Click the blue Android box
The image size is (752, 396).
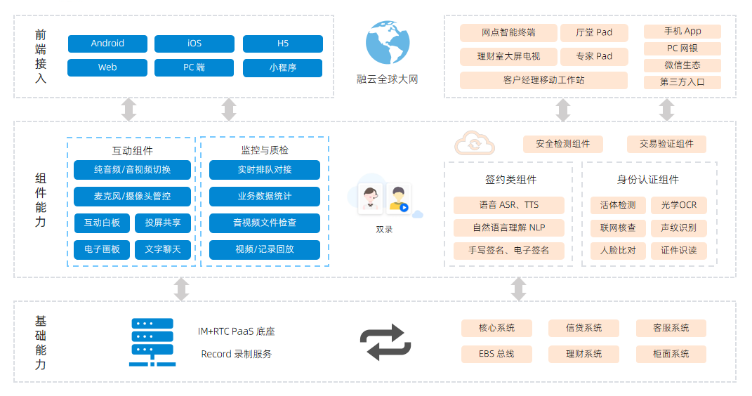tap(107, 44)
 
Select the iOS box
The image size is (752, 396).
tap(194, 44)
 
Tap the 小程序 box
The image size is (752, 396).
tap(282, 68)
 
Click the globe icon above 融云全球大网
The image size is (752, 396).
tap(387, 43)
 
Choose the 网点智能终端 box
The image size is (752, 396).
tap(508, 32)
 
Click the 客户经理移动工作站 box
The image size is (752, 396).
tap(543, 80)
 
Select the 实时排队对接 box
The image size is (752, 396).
tap(264, 170)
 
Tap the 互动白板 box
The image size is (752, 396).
tap(103, 223)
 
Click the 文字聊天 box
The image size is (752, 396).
tap(163, 249)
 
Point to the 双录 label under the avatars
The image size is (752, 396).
tap(384, 229)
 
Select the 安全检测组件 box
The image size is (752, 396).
tap(563, 144)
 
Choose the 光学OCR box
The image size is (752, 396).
tap(679, 205)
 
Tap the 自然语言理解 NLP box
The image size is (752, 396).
tap(508, 227)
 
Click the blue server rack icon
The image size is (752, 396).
tap(152, 342)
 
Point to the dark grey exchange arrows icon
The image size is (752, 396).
tap(385, 342)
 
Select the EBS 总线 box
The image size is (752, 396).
tap(496, 354)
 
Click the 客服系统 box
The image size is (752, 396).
tap(671, 328)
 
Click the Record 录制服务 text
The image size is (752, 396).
tap(236, 354)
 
